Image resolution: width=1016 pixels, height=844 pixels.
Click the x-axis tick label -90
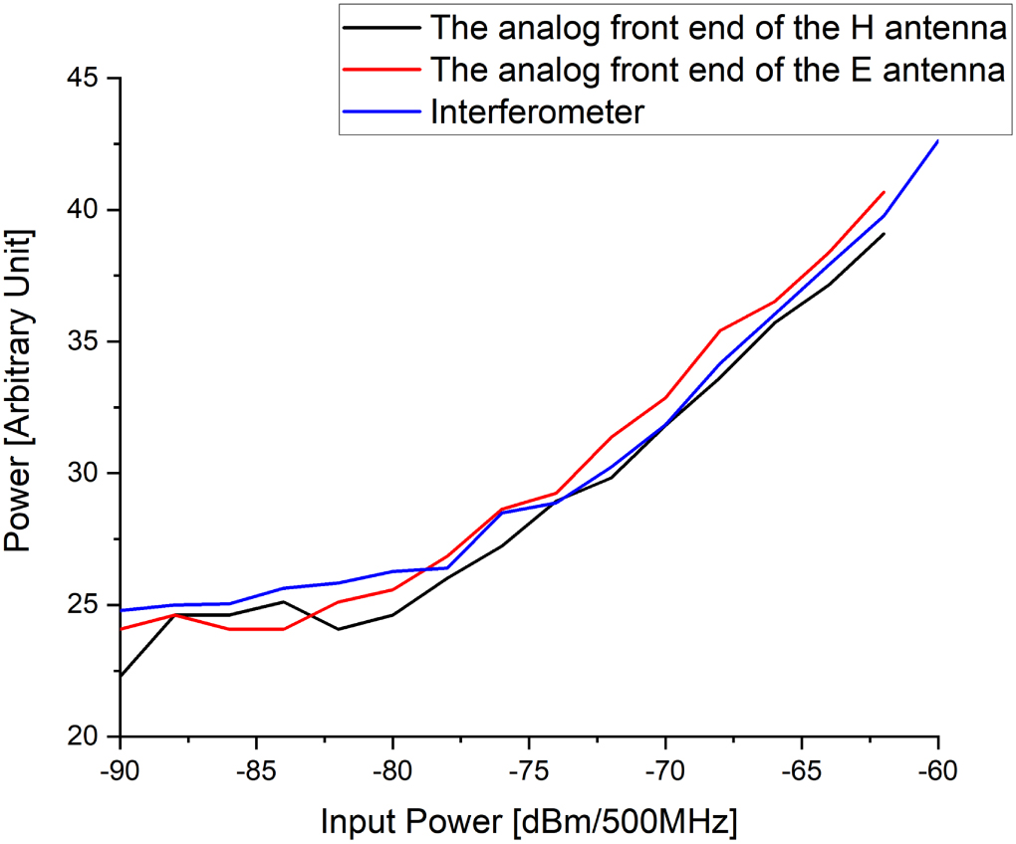click(x=120, y=771)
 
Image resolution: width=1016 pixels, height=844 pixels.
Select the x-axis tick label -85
click(x=256, y=771)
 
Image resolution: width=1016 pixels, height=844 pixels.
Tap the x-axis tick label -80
click(x=392, y=771)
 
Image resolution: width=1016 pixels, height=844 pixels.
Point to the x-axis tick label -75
click(x=529, y=771)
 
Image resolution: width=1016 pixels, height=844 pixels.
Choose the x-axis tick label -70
click(x=665, y=771)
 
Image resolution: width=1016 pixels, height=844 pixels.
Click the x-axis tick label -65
click(x=802, y=771)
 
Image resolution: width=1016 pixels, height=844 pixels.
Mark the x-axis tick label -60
click(x=938, y=771)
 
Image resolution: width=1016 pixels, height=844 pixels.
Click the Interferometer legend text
click(x=538, y=112)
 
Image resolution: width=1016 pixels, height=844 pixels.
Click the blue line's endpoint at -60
click(x=938, y=141)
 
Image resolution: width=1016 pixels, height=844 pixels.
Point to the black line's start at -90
click(x=121, y=676)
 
